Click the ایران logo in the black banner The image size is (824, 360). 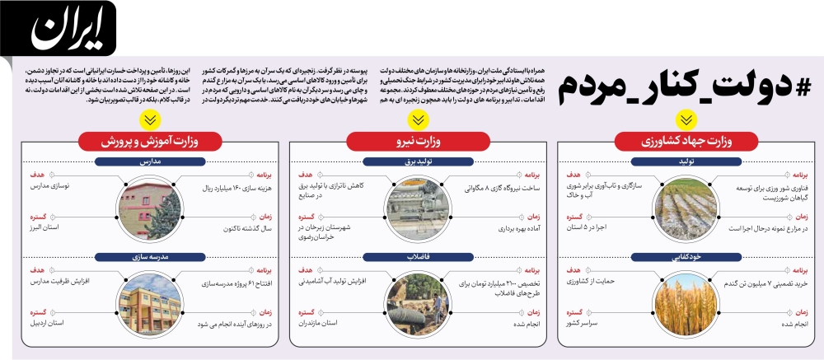(x=68, y=30)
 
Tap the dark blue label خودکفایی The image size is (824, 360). (x=683, y=255)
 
